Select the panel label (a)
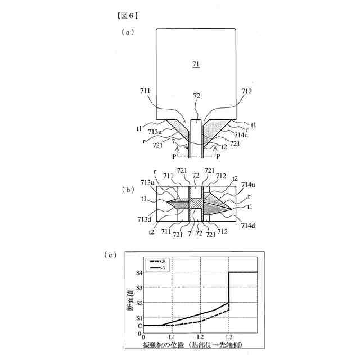[x=128, y=33]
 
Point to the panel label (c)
[x=110, y=255]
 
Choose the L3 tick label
[x=229, y=336]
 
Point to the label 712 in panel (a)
[x=246, y=92]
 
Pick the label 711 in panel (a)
[x=145, y=92]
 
